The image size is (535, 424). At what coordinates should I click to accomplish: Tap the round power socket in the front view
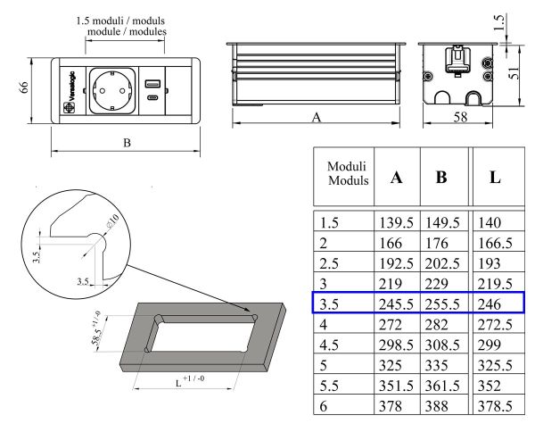tap(112, 91)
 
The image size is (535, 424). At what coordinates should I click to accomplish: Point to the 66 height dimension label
tap(25, 90)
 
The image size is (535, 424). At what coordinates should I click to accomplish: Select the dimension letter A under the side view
tap(317, 116)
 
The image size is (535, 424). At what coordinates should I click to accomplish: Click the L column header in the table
tap(495, 177)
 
